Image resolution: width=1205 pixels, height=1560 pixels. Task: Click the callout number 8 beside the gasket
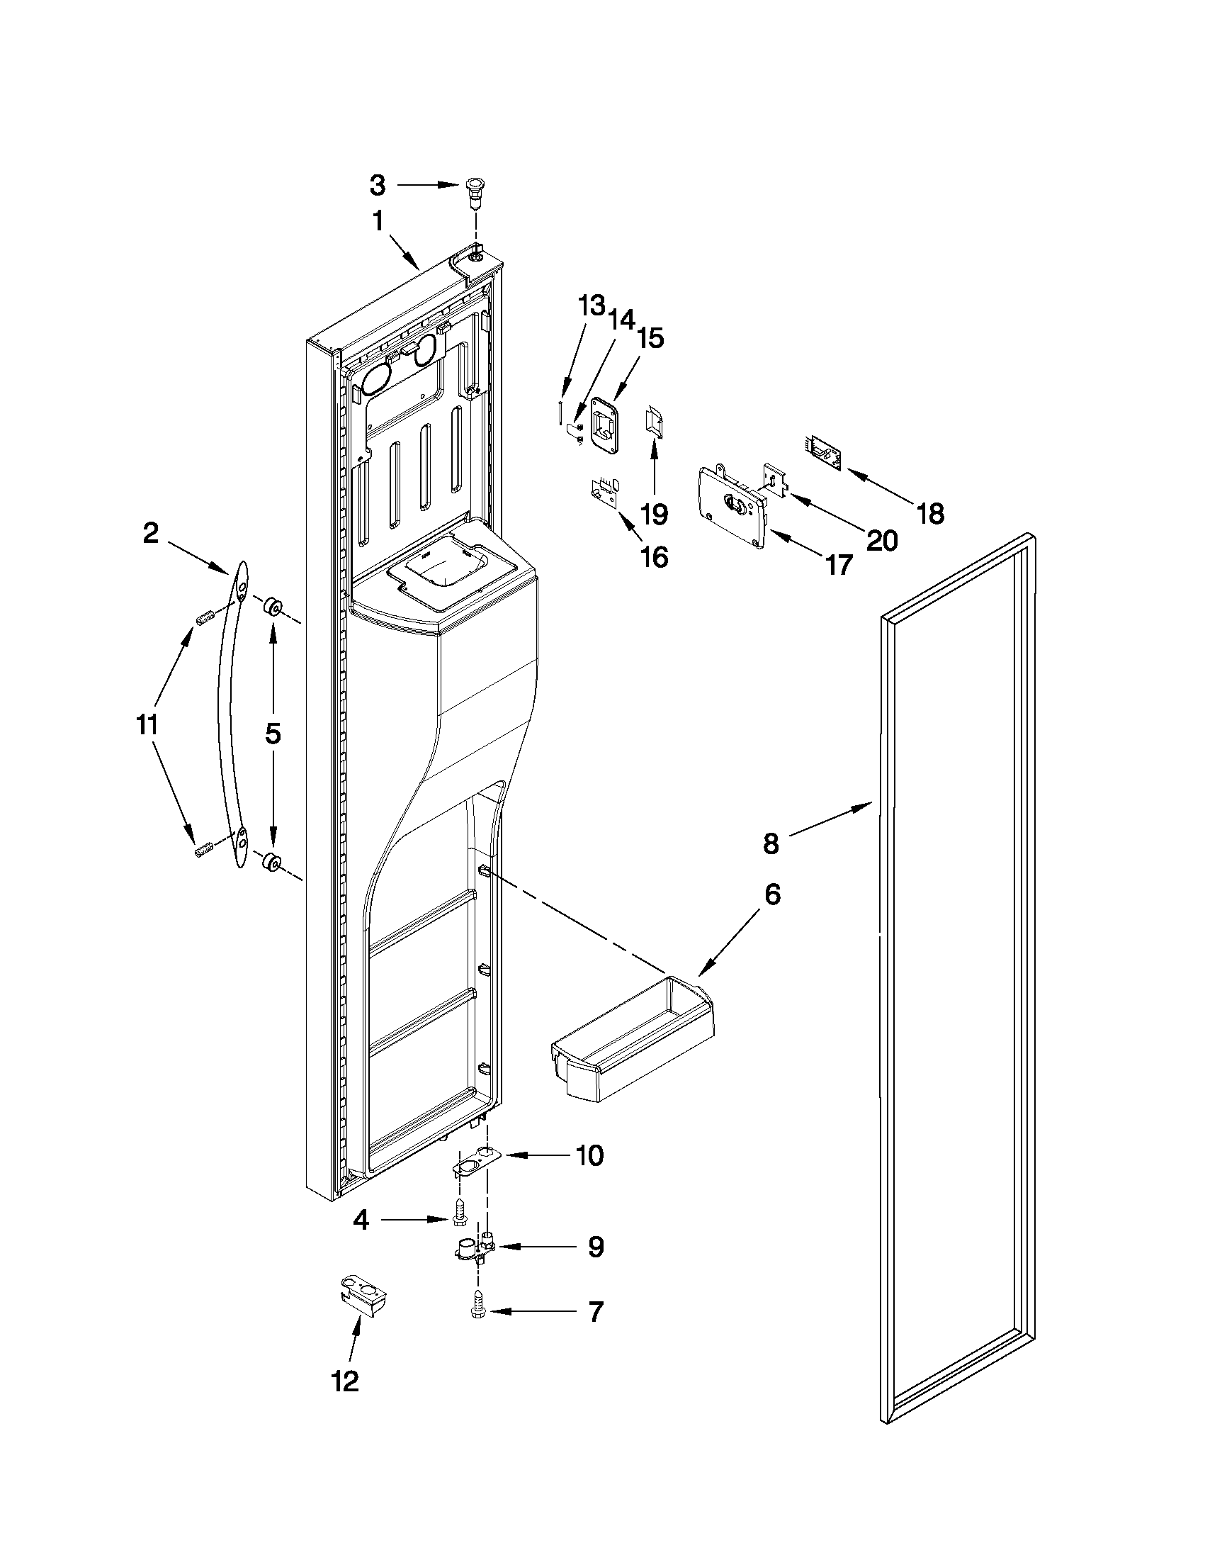(x=771, y=843)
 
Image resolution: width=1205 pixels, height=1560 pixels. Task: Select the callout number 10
(x=589, y=1155)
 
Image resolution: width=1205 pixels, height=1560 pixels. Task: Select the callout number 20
(x=881, y=540)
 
